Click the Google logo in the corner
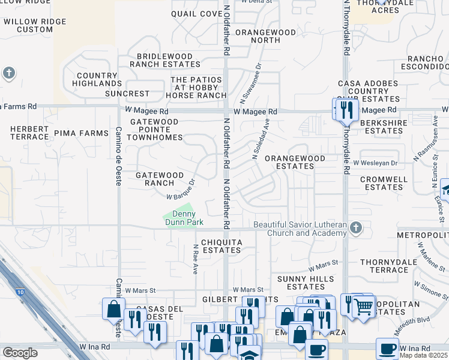(20, 353)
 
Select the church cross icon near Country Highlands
(8, 73)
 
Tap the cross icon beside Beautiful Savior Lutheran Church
(356, 227)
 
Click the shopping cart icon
(364, 306)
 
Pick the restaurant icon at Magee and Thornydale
(346, 109)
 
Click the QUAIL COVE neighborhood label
(196, 14)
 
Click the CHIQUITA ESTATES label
(221, 246)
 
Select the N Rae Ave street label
(195, 258)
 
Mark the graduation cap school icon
(250, 355)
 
